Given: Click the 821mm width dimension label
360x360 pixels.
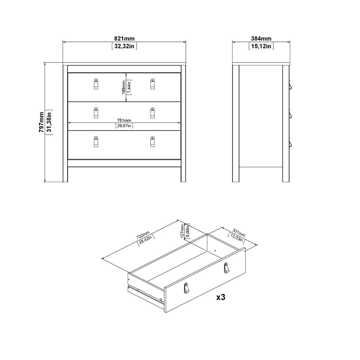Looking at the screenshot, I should (x=124, y=38).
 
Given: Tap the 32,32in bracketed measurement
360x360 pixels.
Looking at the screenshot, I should (x=124, y=46).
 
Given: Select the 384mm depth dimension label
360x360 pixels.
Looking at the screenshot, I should (x=261, y=38).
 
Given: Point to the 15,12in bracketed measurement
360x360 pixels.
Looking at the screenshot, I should (x=261, y=46).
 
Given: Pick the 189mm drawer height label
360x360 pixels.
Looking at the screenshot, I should (x=124, y=87).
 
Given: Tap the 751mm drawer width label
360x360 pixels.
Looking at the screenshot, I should (x=124, y=120).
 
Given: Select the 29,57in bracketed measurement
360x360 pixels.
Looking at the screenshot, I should (x=124, y=126).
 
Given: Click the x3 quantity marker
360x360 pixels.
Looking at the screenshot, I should (x=221, y=297).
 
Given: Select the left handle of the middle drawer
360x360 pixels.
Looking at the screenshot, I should (x=96, y=113).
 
